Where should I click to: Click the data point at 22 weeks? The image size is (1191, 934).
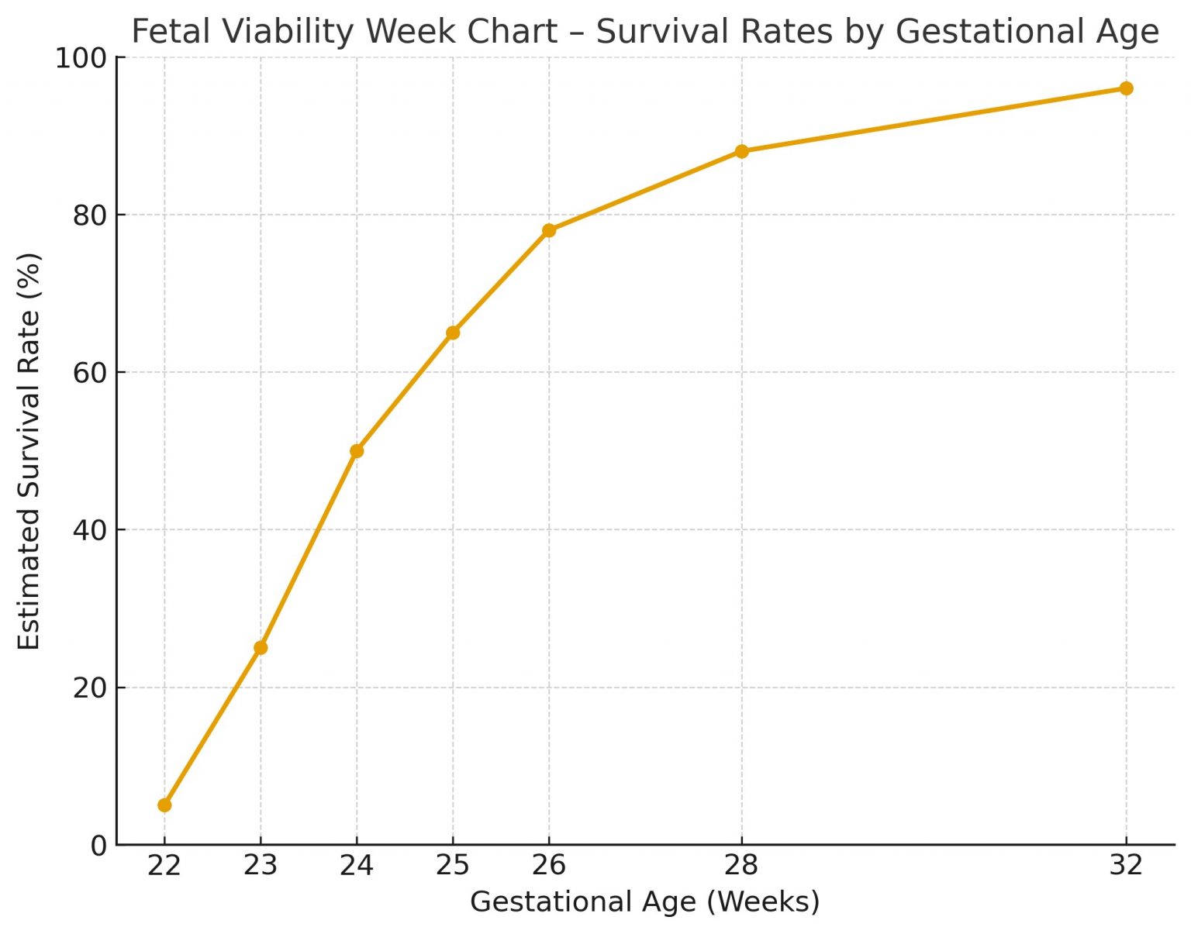click(164, 805)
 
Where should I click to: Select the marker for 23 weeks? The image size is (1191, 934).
click(261, 647)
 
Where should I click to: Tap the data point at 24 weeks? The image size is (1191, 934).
click(357, 451)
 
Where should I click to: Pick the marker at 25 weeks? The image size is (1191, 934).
click(453, 333)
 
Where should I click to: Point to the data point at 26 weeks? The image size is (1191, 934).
click(549, 230)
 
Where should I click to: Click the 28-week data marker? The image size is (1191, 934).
click(741, 151)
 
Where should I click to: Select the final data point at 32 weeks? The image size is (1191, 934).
click(1126, 88)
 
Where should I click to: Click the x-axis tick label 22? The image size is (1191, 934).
click(164, 865)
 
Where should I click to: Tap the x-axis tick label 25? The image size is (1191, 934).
click(453, 865)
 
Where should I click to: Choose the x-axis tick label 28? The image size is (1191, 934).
click(741, 865)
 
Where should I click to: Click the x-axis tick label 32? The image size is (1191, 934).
click(1126, 865)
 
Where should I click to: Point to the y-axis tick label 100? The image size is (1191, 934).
click(80, 58)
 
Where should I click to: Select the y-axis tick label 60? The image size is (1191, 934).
click(89, 373)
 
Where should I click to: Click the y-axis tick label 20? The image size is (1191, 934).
click(89, 688)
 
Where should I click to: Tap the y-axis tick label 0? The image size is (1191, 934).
click(98, 846)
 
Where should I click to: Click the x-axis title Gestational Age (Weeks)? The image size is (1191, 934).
click(644, 902)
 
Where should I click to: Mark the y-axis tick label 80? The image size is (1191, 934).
click(89, 215)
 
